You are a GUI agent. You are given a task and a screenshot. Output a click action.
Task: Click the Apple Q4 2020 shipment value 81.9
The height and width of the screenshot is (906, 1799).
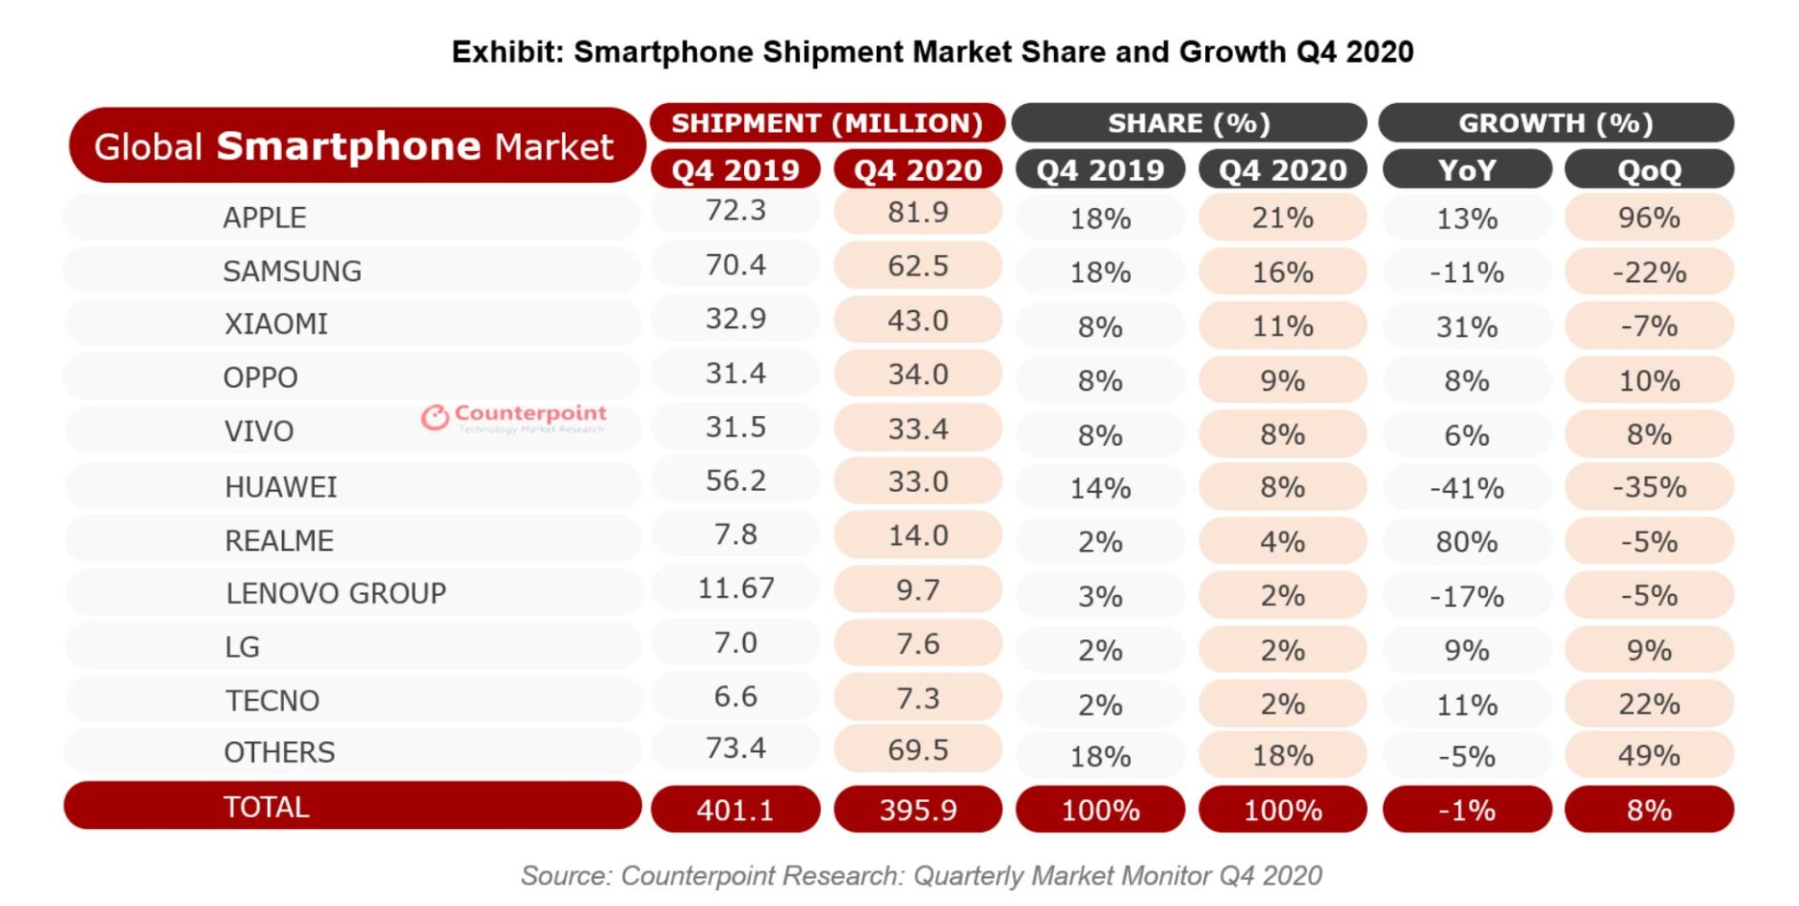(917, 213)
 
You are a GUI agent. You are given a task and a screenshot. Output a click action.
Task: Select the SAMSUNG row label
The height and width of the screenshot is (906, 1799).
(291, 272)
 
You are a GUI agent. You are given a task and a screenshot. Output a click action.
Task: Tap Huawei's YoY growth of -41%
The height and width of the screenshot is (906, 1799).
(1466, 488)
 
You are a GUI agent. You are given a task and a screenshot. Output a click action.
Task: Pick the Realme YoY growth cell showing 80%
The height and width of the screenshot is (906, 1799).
(1466, 542)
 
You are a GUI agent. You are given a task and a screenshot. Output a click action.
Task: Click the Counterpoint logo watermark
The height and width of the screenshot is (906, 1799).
(513, 417)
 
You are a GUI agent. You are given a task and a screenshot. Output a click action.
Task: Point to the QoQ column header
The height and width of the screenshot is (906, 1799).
(1649, 171)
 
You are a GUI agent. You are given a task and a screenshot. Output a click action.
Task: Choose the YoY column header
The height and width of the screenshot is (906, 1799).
(1466, 171)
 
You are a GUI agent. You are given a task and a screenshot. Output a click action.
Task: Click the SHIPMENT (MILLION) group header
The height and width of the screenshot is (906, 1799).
(826, 124)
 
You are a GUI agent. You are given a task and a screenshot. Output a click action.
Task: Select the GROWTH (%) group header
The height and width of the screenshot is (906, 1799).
(1555, 124)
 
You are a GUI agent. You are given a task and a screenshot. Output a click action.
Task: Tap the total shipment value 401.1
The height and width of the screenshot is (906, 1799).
(736, 810)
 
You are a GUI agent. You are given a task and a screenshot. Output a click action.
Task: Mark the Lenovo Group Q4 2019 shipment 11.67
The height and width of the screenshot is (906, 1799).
(736, 588)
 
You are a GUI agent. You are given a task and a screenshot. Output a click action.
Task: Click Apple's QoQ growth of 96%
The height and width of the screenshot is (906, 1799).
(1649, 218)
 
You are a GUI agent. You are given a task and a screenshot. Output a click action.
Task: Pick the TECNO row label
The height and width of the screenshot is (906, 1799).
(273, 701)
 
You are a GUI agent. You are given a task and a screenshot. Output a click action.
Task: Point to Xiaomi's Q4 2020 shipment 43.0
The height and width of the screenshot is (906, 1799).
(917, 321)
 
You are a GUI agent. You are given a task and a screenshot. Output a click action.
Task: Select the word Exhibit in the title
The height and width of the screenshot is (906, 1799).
(506, 52)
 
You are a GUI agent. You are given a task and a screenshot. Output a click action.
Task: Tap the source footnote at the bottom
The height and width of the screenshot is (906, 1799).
(921, 876)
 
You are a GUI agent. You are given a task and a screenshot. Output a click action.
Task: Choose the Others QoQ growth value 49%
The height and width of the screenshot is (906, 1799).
(1649, 756)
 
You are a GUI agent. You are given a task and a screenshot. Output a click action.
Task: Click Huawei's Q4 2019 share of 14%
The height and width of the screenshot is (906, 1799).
(1100, 488)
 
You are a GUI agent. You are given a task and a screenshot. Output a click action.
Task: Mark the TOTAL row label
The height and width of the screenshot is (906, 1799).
(266, 808)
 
